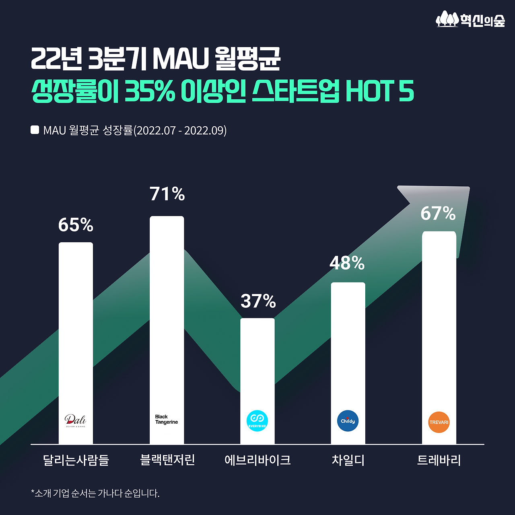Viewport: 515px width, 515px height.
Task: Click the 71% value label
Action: [x=167, y=194]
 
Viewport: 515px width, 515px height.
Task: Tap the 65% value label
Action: [x=76, y=225]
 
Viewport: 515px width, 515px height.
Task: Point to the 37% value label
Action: [x=258, y=301]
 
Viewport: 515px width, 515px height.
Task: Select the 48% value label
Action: [x=347, y=263]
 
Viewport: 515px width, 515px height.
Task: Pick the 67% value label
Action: [x=438, y=213]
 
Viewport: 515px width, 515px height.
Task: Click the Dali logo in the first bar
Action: [x=75, y=421]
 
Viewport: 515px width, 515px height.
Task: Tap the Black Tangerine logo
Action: [x=166, y=419]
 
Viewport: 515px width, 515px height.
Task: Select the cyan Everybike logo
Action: [x=257, y=421]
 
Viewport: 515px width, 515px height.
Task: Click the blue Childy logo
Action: [x=348, y=421]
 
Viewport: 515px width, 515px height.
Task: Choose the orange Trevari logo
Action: [x=439, y=422]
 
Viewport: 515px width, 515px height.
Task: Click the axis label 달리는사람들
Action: [x=76, y=460]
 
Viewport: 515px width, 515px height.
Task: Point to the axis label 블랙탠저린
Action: [x=167, y=459]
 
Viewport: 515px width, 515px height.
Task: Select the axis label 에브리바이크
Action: [x=257, y=460]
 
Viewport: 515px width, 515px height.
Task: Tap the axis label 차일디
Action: [x=348, y=460]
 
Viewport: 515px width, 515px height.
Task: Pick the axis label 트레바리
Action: [x=439, y=460]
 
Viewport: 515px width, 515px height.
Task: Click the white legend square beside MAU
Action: [x=35, y=130]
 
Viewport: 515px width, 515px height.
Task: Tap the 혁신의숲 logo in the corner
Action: [x=470, y=19]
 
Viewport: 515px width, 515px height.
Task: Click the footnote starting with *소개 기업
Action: [x=95, y=493]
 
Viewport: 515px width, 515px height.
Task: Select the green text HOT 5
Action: [x=379, y=91]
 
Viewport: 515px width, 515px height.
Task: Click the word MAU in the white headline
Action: [x=180, y=59]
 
